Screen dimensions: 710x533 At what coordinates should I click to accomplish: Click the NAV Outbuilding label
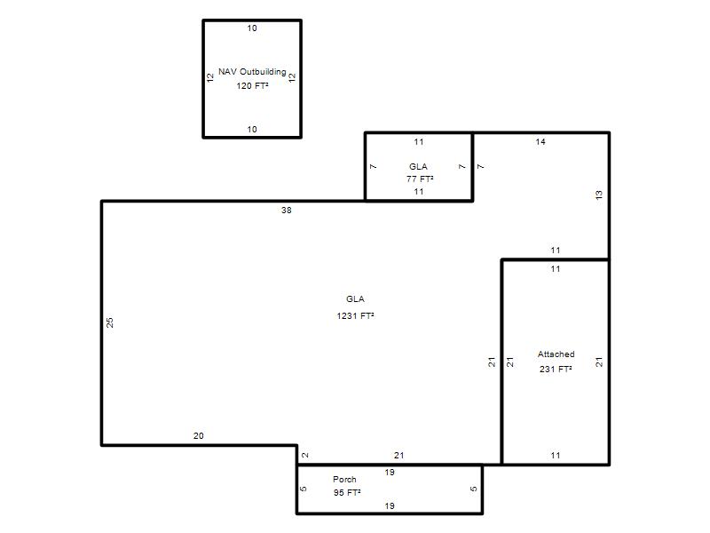click(x=252, y=72)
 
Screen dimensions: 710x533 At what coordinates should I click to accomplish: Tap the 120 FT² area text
click(x=252, y=85)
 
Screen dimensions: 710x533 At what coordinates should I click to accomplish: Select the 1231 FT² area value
click(x=356, y=315)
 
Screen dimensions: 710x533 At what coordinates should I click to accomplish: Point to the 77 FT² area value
click(x=420, y=179)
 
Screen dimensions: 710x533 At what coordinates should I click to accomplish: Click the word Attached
click(x=556, y=354)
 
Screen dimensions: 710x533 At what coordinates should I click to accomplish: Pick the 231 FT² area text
click(x=556, y=369)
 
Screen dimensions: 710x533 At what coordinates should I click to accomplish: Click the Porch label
click(x=344, y=479)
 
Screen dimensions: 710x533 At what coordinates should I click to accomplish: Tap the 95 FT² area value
click(x=347, y=493)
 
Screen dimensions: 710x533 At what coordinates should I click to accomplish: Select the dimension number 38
click(x=286, y=211)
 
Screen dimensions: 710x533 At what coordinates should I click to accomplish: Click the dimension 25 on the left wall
click(x=109, y=322)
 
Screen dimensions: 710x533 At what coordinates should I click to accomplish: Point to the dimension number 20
click(x=198, y=435)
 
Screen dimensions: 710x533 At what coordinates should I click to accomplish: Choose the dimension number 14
click(x=540, y=142)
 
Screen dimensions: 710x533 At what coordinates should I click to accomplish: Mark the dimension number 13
click(x=599, y=195)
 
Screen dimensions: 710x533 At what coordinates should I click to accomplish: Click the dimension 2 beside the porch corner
click(x=305, y=455)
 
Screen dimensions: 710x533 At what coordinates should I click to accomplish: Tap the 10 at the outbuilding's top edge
click(x=252, y=28)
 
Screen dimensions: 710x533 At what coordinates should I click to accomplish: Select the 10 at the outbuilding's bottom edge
click(x=252, y=129)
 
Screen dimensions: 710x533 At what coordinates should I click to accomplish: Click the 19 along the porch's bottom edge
click(x=390, y=505)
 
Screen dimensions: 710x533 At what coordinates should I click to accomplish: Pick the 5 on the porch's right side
click(x=474, y=489)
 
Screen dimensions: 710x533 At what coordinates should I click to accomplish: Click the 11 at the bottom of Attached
click(x=556, y=455)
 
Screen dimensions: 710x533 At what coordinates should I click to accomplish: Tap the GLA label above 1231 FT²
click(x=356, y=298)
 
